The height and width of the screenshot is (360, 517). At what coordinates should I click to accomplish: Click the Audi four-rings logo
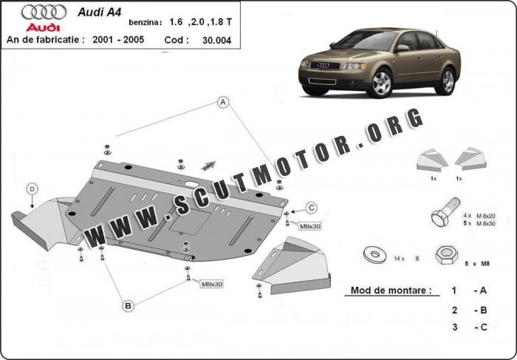[43, 11]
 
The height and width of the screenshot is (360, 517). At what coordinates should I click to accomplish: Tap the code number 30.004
[216, 40]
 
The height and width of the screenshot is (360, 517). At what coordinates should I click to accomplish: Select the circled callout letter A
[223, 103]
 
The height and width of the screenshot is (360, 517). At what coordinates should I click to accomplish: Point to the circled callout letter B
[128, 305]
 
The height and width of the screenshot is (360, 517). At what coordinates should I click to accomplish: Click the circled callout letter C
[312, 207]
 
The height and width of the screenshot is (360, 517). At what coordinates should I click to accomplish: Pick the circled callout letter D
[32, 189]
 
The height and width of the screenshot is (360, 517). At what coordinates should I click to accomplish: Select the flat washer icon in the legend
[375, 255]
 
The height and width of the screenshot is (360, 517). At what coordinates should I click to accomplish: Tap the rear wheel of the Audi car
[445, 81]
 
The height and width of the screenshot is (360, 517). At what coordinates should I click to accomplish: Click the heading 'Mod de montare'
[387, 291]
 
